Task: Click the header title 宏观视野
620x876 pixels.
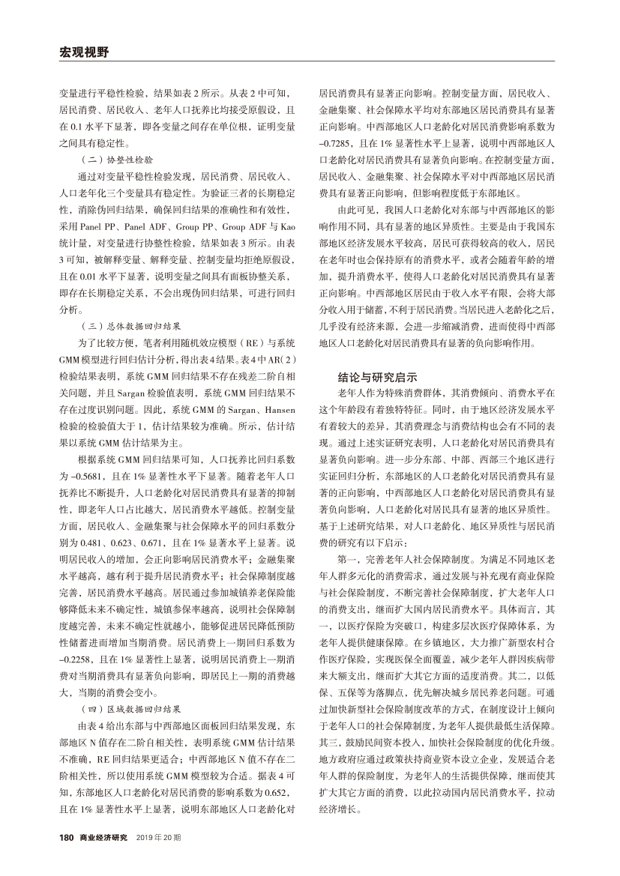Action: [x=83, y=52]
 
